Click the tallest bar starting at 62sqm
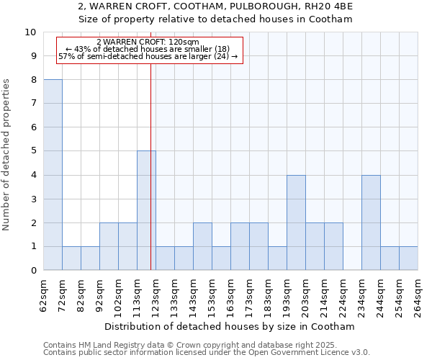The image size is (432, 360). [53, 175]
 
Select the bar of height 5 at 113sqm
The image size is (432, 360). [146, 211]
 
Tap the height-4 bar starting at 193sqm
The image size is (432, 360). [296, 222]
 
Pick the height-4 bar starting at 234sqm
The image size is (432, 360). [371, 222]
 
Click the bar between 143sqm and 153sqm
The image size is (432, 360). [202, 246]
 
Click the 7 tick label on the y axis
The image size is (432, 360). [33, 104]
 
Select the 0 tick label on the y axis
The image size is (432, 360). [33, 271]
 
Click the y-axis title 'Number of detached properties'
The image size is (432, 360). [7, 155]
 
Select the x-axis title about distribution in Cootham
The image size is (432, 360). [230, 326]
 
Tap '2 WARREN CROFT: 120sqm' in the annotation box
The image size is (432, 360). [148, 42]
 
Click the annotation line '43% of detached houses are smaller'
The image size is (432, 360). [148, 49]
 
